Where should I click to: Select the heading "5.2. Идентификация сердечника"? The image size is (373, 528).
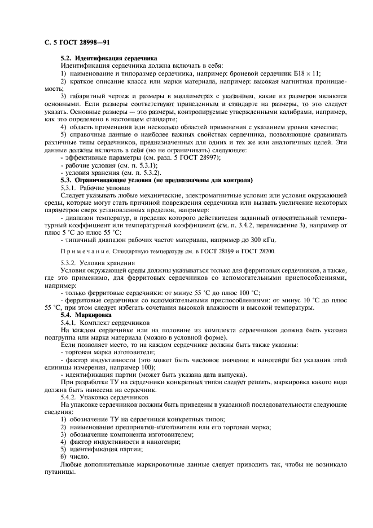point(109,59)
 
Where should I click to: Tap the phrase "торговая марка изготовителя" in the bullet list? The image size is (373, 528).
point(107,351)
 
